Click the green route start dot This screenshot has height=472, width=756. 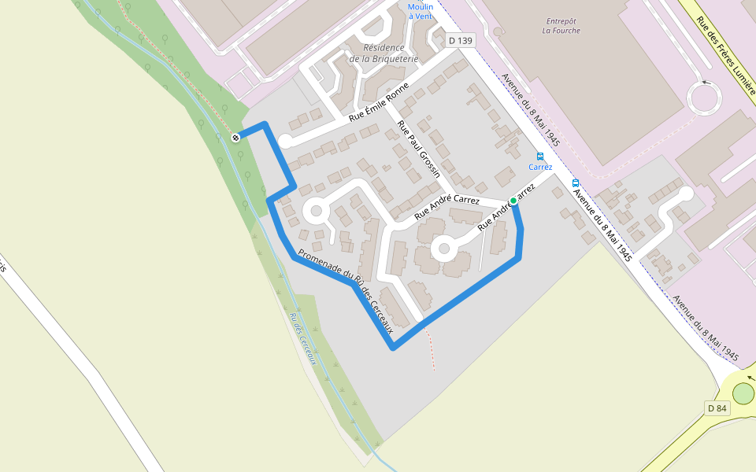513,201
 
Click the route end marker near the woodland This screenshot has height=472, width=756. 235,138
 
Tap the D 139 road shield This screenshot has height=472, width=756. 460,40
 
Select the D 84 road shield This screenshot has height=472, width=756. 717,407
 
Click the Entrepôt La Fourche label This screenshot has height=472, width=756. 561,26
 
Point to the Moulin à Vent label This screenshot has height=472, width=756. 421,11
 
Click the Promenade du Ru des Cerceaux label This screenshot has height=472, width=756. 346,292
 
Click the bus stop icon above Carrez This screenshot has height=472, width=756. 540,156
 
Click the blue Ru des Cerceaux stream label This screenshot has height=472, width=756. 302,338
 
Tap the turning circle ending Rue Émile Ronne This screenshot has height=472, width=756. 285,142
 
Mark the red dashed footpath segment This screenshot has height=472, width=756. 430,349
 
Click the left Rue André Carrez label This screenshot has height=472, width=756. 447,206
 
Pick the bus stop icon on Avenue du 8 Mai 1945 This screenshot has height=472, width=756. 576,183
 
